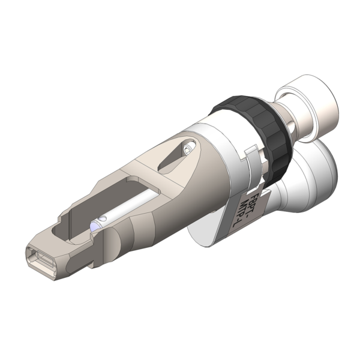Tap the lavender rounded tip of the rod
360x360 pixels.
[95, 227]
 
